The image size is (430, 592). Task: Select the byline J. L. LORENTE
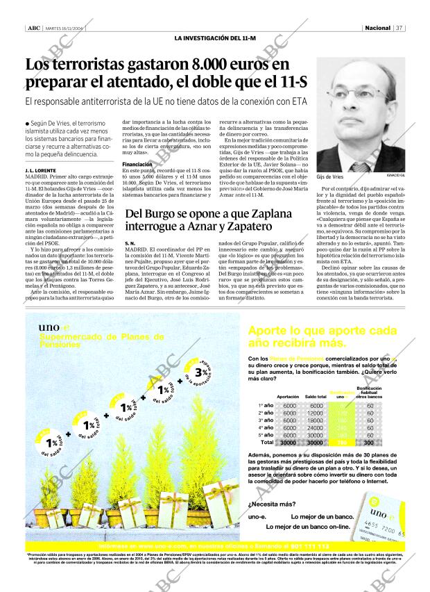41,170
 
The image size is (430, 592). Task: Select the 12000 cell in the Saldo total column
316,413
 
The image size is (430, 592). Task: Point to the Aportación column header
288,397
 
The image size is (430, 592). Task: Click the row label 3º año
265,420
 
